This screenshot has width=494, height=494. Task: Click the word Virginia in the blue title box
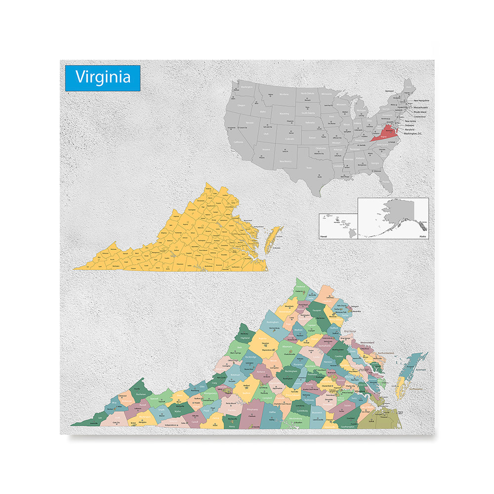[x=103, y=77]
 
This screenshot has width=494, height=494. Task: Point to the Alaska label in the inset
[x=422, y=237]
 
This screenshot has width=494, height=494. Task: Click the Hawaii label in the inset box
[x=324, y=237]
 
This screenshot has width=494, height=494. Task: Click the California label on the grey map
[x=239, y=142]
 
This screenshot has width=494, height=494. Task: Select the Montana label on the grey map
[x=284, y=94]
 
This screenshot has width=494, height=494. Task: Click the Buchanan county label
[x=141, y=394]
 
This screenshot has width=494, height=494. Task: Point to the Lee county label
[x=101, y=418]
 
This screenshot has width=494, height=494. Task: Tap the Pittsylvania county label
[x=252, y=410]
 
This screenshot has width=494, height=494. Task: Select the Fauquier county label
[x=317, y=310]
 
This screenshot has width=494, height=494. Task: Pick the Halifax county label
[x=272, y=412]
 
